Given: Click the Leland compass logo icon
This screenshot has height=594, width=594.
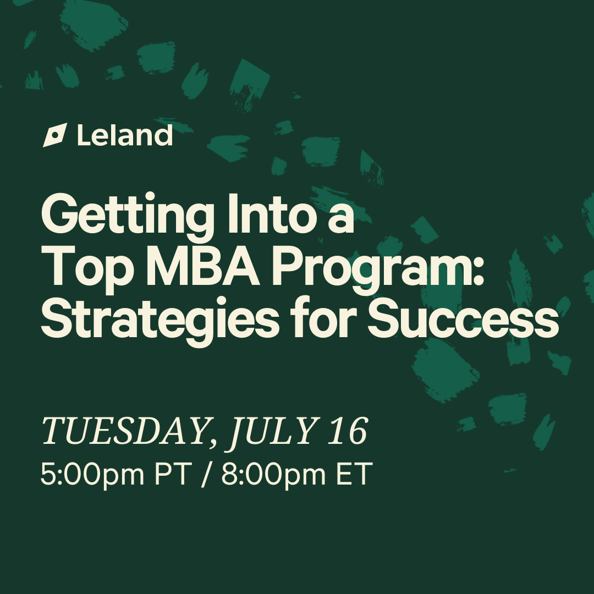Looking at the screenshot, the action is [x=55, y=135].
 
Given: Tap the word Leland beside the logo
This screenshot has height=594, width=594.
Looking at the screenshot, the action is [x=125, y=135].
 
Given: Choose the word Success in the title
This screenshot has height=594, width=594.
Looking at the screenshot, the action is [x=463, y=317].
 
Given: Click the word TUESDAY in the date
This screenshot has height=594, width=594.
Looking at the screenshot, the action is [x=124, y=431].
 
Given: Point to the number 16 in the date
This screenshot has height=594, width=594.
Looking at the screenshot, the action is [x=348, y=431].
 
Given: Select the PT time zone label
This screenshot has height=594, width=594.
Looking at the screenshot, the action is [x=172, y=474].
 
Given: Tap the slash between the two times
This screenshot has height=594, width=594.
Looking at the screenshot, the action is [x=205, y=474].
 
